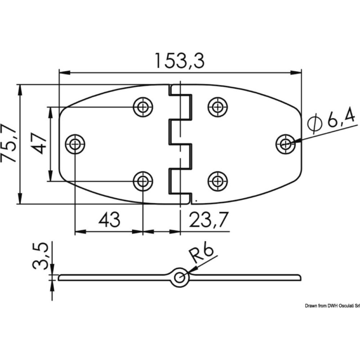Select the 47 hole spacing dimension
point(37,144)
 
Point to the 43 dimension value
point(109,220)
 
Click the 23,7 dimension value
point(209,220)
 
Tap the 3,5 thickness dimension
point(40,256)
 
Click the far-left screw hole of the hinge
point(75,144)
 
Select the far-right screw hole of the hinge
point(285,144)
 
